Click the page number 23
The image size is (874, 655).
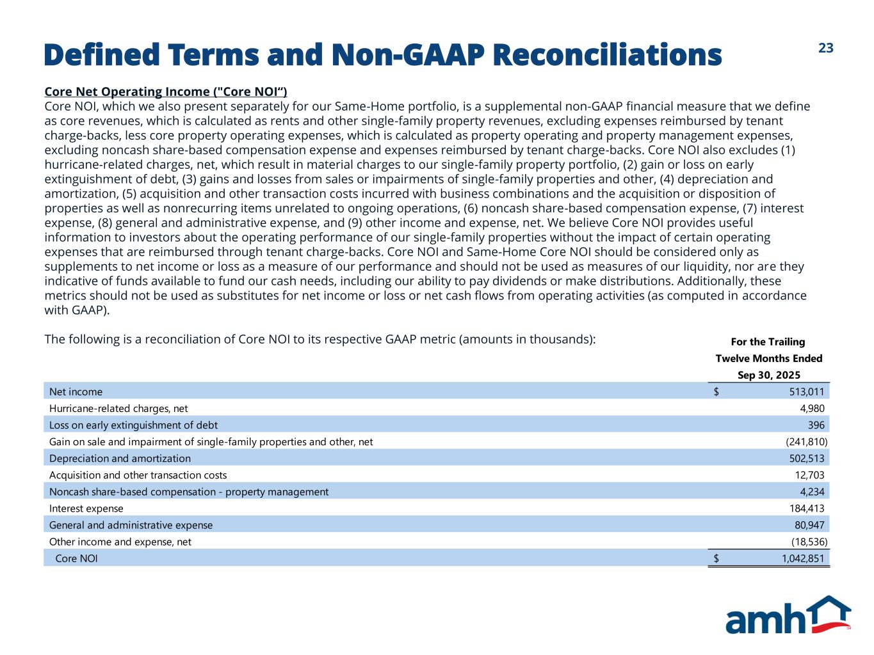(x=826, y=49)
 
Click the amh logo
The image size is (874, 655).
(x=788, y=615)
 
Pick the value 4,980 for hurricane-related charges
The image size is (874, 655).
(x=811, y=408)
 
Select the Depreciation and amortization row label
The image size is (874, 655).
(x=120, y=458)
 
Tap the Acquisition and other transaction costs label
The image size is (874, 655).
(x=138, y=475)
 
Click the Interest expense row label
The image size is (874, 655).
(x=86, y=508)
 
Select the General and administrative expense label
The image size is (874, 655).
(x=131, y=525)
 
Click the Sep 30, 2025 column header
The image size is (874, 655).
(x=768, y=375)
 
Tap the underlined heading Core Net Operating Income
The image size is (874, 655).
(x=166, y=91)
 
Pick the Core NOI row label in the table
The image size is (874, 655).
(x=77, y=558)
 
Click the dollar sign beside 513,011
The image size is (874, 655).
(x=716, y=391)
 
